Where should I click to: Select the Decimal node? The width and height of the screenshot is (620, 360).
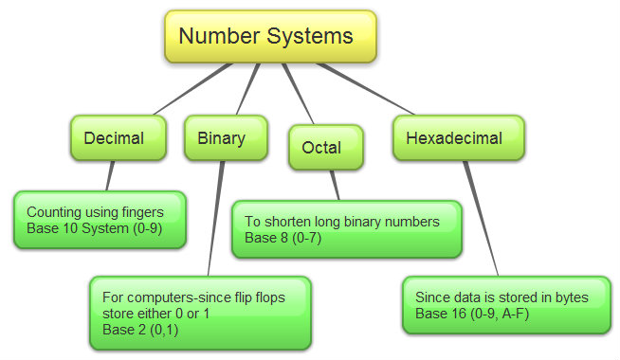(x=113, y=138)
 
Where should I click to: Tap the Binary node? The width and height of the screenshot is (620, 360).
(x=221, y=138)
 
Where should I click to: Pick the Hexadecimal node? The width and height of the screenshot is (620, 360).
(x=459, y=138)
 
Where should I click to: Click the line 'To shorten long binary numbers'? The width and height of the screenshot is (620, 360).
(x=342, y=222)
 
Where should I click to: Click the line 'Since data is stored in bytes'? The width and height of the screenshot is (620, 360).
(x=501, y=297)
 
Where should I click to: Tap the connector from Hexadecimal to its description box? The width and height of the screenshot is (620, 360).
(x=482, y=218)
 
